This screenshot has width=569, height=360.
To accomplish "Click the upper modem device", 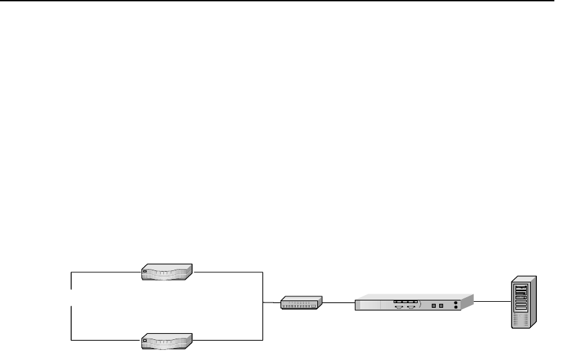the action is pos(167,272).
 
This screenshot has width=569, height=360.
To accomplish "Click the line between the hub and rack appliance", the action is pos(339,302).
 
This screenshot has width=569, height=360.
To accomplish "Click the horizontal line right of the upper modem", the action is pos(228,272).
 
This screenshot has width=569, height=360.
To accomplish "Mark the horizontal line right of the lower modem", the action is pos(228,340).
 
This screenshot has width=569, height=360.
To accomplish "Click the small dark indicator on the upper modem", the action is pos(145,270).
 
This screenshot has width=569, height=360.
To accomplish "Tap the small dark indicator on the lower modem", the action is pos(145,338).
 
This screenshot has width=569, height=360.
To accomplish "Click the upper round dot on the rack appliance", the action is pos(456,302).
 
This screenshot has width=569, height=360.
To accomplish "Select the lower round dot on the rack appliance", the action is pos(456,308).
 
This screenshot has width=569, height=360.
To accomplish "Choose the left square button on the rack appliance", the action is pos(433,306).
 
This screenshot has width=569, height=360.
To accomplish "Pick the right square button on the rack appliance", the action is pos(441,306).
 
